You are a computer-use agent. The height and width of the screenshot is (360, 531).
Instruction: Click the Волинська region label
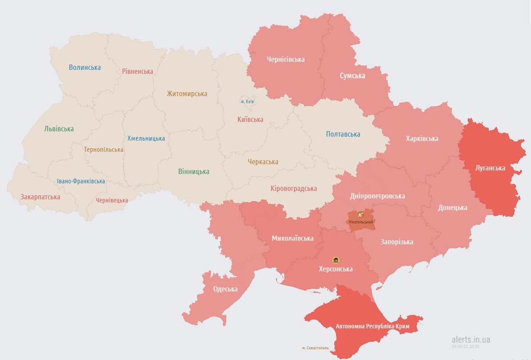[85, 68]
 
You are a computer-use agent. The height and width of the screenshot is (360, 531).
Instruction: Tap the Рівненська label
[138, 71]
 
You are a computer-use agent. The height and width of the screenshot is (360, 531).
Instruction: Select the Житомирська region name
[187, 94]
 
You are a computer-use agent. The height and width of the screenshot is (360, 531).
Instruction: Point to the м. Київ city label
[247, 102]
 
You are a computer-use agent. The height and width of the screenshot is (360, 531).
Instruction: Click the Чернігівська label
[286, 59]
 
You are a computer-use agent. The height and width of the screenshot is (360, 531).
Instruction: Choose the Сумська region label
[352, 76]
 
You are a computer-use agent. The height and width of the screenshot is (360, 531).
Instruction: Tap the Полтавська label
[343, 134]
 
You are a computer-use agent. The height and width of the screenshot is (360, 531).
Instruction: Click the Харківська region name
[422, 138]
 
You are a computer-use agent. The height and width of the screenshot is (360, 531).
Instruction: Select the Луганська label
[490, 168]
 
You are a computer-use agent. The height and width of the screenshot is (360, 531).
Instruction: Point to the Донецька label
[453, 207]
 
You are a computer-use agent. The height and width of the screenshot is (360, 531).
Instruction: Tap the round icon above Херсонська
[335, 260]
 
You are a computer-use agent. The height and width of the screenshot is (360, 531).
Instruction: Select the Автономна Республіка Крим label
[366, 326]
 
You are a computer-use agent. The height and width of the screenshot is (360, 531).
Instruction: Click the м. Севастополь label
[315, 348]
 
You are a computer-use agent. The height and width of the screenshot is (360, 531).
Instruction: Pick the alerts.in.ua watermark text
[471, 340]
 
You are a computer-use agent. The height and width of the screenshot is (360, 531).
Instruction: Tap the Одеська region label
[225, 289]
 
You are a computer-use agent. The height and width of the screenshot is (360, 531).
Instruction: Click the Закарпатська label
[40, 196]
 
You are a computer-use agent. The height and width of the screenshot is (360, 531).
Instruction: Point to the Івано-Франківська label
[81, 181]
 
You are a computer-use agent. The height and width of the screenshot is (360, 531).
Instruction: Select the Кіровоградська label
[294, 188]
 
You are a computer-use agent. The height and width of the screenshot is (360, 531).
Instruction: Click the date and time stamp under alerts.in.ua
[466, 346]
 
